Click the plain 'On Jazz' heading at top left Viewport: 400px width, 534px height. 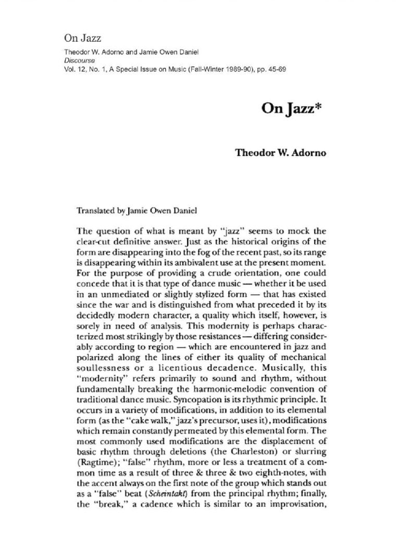pos(82,38)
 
